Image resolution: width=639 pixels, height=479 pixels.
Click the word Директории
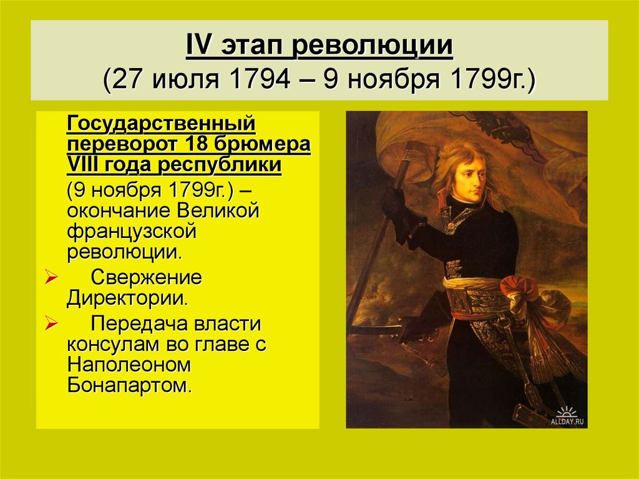(x=127, y=297)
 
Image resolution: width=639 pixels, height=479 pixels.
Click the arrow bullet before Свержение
(x=52, y=276)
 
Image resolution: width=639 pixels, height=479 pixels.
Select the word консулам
(x=111, y=344)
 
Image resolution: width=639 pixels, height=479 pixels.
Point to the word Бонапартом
(x=127, y=384)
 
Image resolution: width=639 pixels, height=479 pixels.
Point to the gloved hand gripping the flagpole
(x=394, y=204)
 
